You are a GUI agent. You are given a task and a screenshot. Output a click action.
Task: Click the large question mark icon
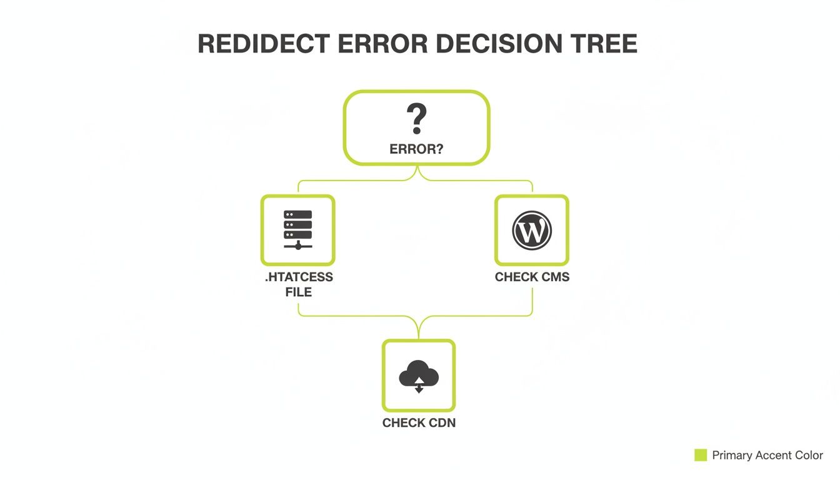click(x=416, y=119)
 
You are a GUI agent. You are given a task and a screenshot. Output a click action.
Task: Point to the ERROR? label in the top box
click(x=416, y=150)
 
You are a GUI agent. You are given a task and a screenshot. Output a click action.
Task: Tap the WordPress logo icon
click(x=532, y=230)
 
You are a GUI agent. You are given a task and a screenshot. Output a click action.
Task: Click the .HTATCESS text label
click(x=299, y=277)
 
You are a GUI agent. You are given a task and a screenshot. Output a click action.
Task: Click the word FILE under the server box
click(x=299, y=291)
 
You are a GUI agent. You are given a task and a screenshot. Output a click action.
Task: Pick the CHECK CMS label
click(x=532, y=277)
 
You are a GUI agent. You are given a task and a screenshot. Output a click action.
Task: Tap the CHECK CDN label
click(x=419, y=423)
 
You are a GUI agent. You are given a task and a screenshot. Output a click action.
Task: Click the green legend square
click(x=701, y=455)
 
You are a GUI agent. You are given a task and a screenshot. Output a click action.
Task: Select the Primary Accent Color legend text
click(x=767, y=456)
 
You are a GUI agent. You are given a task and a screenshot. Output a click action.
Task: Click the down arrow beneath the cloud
click(x=419, y=389)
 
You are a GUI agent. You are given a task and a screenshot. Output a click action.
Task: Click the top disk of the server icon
click(x=297, y=214)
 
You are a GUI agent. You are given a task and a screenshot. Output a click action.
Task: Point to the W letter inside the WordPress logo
click(x=532, y=231)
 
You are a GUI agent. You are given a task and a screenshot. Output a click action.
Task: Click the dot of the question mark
click(x=416, y=131)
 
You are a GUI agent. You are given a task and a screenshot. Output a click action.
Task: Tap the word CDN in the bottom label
click(x=441, y=423)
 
